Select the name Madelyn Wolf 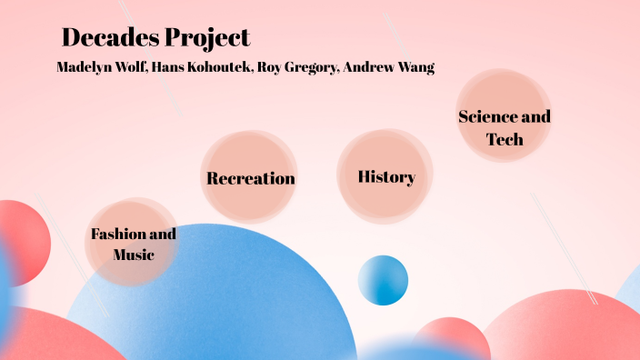100,68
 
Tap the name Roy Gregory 292,68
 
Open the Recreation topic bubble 250,177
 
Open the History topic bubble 385,176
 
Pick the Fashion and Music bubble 133,243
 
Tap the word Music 133,255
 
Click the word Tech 505,139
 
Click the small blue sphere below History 383,280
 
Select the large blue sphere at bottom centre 209,300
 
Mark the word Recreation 250,178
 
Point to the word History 386,177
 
